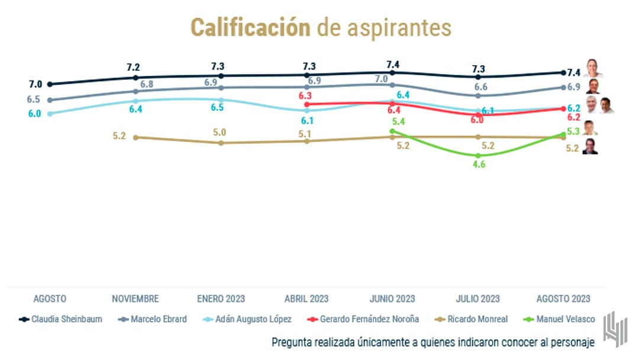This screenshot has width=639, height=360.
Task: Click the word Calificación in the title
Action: click(250, 27)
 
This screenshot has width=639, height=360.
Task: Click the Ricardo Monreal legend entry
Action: click(477, 319)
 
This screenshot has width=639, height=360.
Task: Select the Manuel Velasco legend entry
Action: click(566, 319)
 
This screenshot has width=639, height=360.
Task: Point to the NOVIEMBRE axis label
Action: click(135, 298)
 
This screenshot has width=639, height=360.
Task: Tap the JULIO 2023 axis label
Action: click(477, 298)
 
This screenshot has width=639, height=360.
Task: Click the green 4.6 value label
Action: click(479, 165)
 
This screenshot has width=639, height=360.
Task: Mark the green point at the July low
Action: click(478, 155)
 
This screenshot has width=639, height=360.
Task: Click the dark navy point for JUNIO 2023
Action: click(392, 72)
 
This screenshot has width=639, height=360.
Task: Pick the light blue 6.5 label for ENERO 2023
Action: click(217, 108)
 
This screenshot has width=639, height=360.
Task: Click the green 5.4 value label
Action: click(398, 122)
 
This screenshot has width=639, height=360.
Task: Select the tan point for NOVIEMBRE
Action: click(135, 137)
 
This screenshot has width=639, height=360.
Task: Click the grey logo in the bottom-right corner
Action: click(615, 329)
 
